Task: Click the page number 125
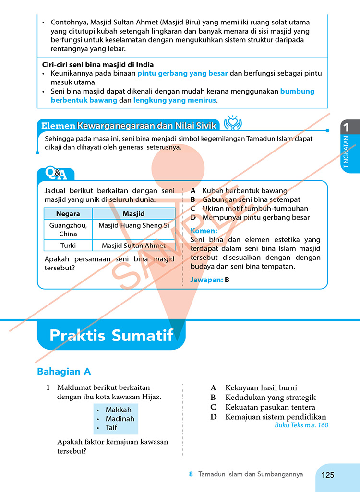pos(328,475)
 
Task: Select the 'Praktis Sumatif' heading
pos(111,335)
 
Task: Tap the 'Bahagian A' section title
pos(64,371)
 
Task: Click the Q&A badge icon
pos(56,174)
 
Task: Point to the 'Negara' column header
pos(68,214)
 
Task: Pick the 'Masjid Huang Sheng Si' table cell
pos(133,225)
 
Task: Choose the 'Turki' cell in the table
pos(68,246)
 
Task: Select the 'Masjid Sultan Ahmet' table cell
pos(133,246)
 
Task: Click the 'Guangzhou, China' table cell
pos(68,229)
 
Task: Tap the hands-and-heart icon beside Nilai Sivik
pos(233,123)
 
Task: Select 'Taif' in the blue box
pos(111,428)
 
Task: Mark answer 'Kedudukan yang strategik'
pos(270,398)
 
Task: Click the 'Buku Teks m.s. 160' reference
pos(301,425)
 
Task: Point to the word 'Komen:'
pos(204,231)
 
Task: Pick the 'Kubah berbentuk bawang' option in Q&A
pos(245,191)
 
